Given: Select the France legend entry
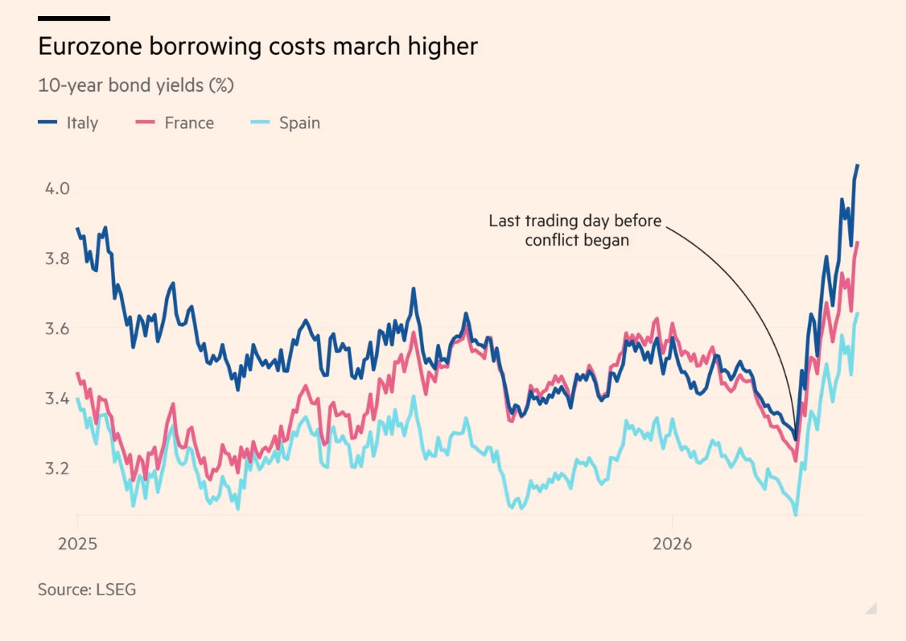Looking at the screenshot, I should [176, 123].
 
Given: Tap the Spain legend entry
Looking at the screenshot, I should [286, 123].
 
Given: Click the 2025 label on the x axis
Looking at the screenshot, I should [77, 544].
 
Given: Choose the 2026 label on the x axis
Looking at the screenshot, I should [673, 544].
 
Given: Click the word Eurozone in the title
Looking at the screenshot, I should [89, 47].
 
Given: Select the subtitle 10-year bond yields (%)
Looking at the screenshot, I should [136, 85].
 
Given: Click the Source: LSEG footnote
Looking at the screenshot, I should [87, 589].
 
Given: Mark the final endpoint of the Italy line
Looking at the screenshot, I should [858, 165].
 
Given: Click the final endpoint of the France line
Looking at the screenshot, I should [858, 242].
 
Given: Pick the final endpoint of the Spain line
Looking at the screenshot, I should [858, 313].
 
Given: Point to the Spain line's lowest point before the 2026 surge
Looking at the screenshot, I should [795, 515].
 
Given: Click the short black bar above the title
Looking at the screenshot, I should [74, 18].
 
